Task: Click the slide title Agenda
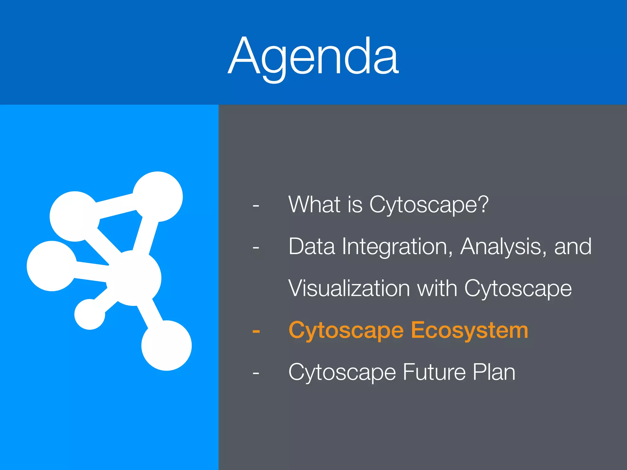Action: tap(313, 57)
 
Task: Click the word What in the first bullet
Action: tap(314, 204)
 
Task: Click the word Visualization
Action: tap(349, 288)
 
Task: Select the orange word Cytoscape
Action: tap(346, 331)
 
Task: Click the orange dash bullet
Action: tap(256, 331)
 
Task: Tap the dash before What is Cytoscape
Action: tap(256, 206)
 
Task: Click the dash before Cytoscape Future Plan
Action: tap(256, 373)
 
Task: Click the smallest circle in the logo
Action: tap(89, 315)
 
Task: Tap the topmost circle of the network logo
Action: tap(158, 196)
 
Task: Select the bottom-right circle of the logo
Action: tap(167, 345)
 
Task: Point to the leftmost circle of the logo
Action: tap(52, 266)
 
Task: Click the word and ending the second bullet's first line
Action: tap(573, 247)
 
